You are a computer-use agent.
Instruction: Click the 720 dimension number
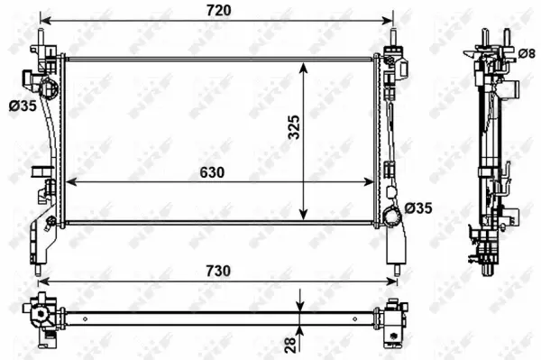point(219,10)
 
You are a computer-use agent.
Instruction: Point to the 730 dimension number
point(218,271)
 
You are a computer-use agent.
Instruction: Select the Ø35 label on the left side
point(22,106)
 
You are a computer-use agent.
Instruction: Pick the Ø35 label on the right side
point(418,208)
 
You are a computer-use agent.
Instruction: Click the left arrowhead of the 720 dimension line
point(45,20)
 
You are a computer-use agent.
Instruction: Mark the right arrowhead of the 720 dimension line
point(390,20)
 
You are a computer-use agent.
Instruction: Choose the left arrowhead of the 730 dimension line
point(41,281)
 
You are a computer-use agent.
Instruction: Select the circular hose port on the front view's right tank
point(390,217)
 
